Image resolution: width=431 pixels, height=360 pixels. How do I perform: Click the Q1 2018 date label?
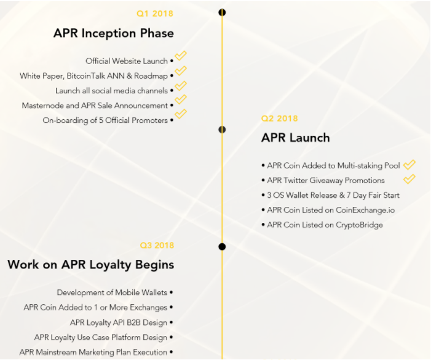(155, 14)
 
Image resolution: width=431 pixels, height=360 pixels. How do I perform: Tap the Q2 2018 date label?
(279, 119)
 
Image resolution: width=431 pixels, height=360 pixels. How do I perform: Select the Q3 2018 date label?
(157, 245)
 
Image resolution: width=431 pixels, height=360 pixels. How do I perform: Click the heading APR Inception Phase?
(114, 33)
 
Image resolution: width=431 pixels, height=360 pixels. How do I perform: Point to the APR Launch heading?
(296, 138)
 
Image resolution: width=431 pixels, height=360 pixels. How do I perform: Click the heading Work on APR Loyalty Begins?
(91, 265)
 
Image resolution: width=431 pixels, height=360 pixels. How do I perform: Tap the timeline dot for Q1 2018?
(222, 12)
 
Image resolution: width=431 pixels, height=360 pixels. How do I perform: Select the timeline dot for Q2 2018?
(222, 130)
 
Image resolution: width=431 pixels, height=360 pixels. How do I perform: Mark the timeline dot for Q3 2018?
(222, 246)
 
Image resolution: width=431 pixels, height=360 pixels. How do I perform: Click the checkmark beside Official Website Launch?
(181, 56)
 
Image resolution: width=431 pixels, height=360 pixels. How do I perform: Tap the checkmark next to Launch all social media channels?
(181, 86)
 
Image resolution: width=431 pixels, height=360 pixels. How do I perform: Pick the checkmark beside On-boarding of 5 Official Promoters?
(181, 114)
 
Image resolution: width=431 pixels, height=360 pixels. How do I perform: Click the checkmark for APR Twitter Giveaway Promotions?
(409, 179)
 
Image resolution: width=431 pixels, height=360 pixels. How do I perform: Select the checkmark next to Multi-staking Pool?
(409, 165)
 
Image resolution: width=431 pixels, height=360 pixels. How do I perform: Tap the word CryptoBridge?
(359, 225)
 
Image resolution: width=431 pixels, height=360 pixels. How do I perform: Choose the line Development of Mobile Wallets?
(112, 292)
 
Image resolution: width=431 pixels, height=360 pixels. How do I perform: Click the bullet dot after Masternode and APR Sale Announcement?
(172, 105)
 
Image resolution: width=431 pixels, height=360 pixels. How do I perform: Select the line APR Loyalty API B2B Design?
(119, 323)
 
